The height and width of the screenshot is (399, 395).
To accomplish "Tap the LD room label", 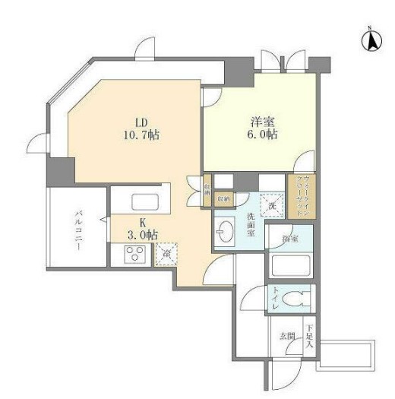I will pos(141,122).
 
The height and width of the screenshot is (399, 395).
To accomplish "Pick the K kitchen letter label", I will pos(142,221).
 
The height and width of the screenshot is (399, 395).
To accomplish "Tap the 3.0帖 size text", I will pos(142,234).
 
